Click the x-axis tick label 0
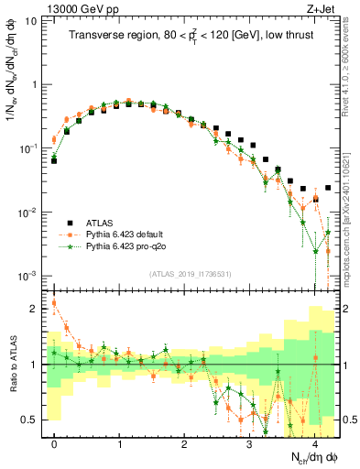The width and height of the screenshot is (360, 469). (x=54, y=444)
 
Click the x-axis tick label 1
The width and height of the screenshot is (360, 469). (x=119, y=444)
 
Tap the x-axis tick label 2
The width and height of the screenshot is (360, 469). (x=184, y=444)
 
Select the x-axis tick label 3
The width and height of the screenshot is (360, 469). (x=249, y=444)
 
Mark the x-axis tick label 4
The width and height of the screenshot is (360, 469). (x=314, y=444)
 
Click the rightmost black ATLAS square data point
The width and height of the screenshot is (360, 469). (x=328, y=188)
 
